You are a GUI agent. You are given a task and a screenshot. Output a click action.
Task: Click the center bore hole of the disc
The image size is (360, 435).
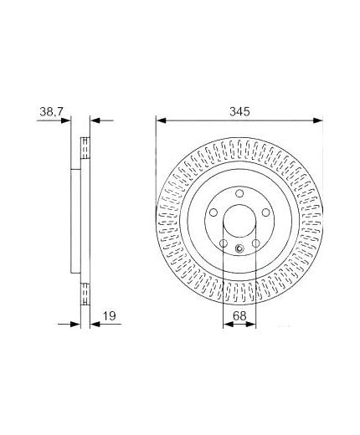point(239,227)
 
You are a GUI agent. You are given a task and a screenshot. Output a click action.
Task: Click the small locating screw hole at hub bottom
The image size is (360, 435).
point(240,248)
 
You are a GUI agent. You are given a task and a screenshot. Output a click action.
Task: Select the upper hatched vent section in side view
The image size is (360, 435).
point(84,148)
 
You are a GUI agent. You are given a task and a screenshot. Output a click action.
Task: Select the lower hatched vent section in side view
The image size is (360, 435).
point(84,292)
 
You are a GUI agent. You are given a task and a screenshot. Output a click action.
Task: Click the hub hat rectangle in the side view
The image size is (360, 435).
point(74,219)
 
